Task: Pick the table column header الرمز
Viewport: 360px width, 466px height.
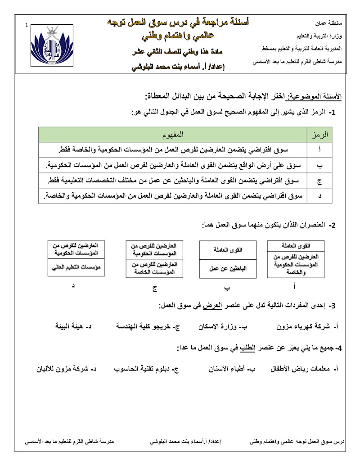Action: tap(319, 135)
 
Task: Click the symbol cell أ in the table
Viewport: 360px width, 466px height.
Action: tap(319, 149)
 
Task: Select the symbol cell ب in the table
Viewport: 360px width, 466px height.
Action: tap(319, 165)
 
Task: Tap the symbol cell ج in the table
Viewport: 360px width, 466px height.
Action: tap(319, 181)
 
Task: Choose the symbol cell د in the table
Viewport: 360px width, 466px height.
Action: tap(319, 196)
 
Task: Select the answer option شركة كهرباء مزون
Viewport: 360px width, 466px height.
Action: tap(311, 326)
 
